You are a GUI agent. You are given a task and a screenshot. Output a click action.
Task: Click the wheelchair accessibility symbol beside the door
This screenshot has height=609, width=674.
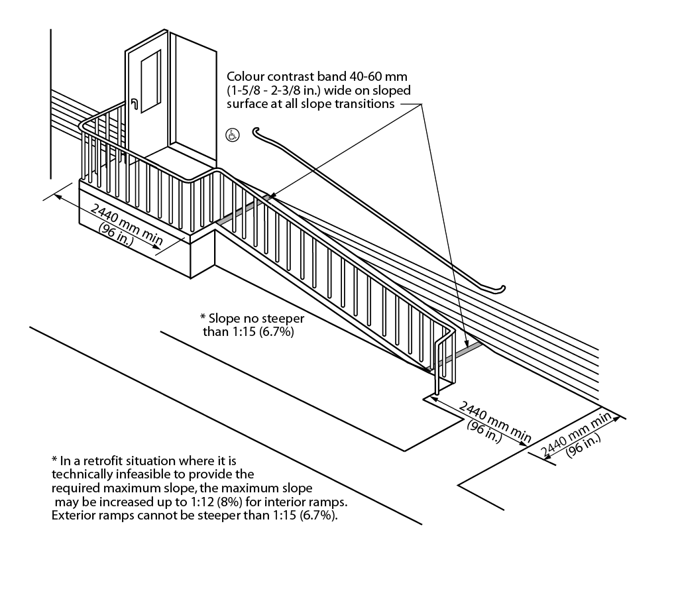coord(233,135)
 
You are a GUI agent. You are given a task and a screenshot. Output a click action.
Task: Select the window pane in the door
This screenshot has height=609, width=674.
coord(150,81)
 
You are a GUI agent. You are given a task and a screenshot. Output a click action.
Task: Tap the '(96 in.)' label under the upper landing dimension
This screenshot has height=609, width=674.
coord(117,235)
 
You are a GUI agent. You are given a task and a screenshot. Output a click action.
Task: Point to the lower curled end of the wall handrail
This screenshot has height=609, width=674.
coord(500,289)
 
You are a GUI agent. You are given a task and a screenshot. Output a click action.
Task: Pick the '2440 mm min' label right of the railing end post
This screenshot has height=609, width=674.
coord(495,421)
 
